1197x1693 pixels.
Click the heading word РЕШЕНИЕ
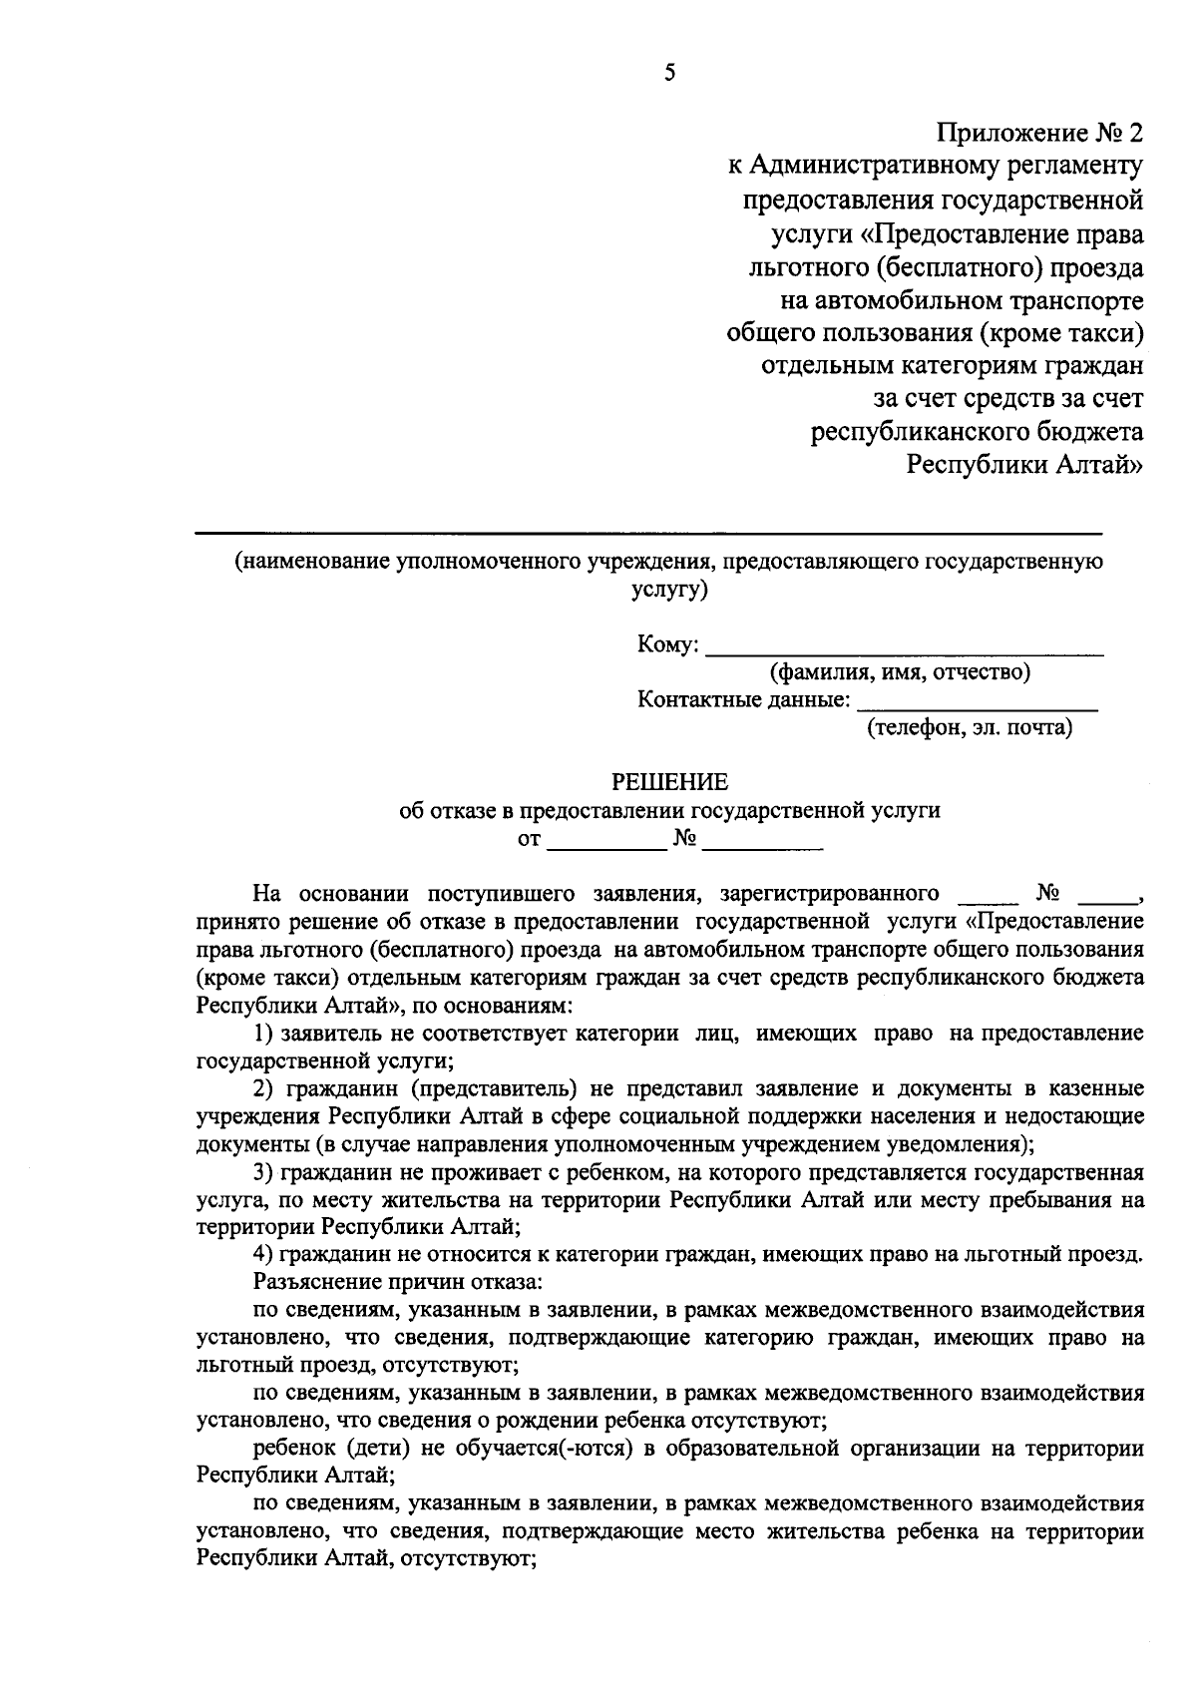coord(669,781)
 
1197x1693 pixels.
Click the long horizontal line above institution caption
coord(648,535)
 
